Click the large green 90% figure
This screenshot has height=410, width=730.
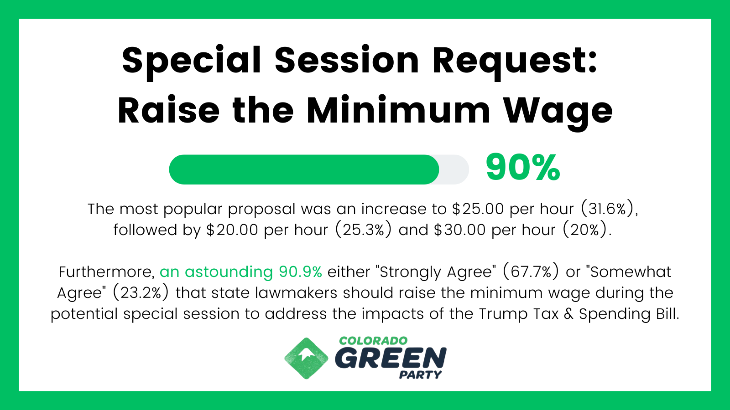[523, 168]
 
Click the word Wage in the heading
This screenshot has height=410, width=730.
[558, 112]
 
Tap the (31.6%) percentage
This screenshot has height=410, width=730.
[609, 209]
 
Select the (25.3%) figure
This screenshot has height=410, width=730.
[363, 230]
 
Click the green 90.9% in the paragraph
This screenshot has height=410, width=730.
[301, 272]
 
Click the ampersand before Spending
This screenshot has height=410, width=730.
[568, 314]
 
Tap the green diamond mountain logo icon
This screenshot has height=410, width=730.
[306, 358]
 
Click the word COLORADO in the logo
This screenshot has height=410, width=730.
[374, 341]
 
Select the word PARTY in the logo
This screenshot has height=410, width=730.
[420, 375]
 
